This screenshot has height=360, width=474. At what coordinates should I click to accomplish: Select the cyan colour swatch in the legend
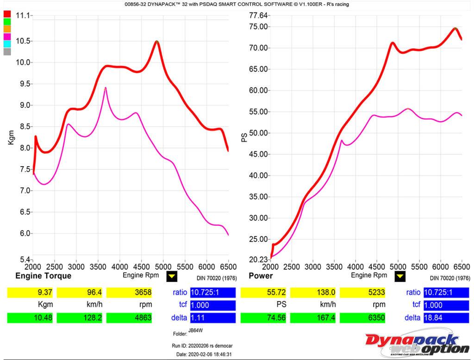(7, 44)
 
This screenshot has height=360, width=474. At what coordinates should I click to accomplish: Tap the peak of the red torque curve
(157, 42)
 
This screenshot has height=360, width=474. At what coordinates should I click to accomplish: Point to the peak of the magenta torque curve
(106, 88)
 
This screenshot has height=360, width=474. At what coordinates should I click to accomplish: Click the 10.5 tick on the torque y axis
(23, 41)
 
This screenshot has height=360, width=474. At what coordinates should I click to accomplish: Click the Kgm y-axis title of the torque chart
(11, 137)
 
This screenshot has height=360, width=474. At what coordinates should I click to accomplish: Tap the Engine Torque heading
(44, 276)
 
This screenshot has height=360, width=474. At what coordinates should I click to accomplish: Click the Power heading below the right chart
(261, 276)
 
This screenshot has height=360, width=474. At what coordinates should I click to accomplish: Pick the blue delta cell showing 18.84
(447, 318)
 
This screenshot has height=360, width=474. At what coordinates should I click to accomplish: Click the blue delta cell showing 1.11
(213, 318)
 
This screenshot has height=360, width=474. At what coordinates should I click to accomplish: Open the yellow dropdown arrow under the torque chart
(172, 277)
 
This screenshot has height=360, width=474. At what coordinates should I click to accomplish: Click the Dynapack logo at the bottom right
(417, 343)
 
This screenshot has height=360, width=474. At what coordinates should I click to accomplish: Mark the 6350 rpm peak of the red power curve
(455, 28)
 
